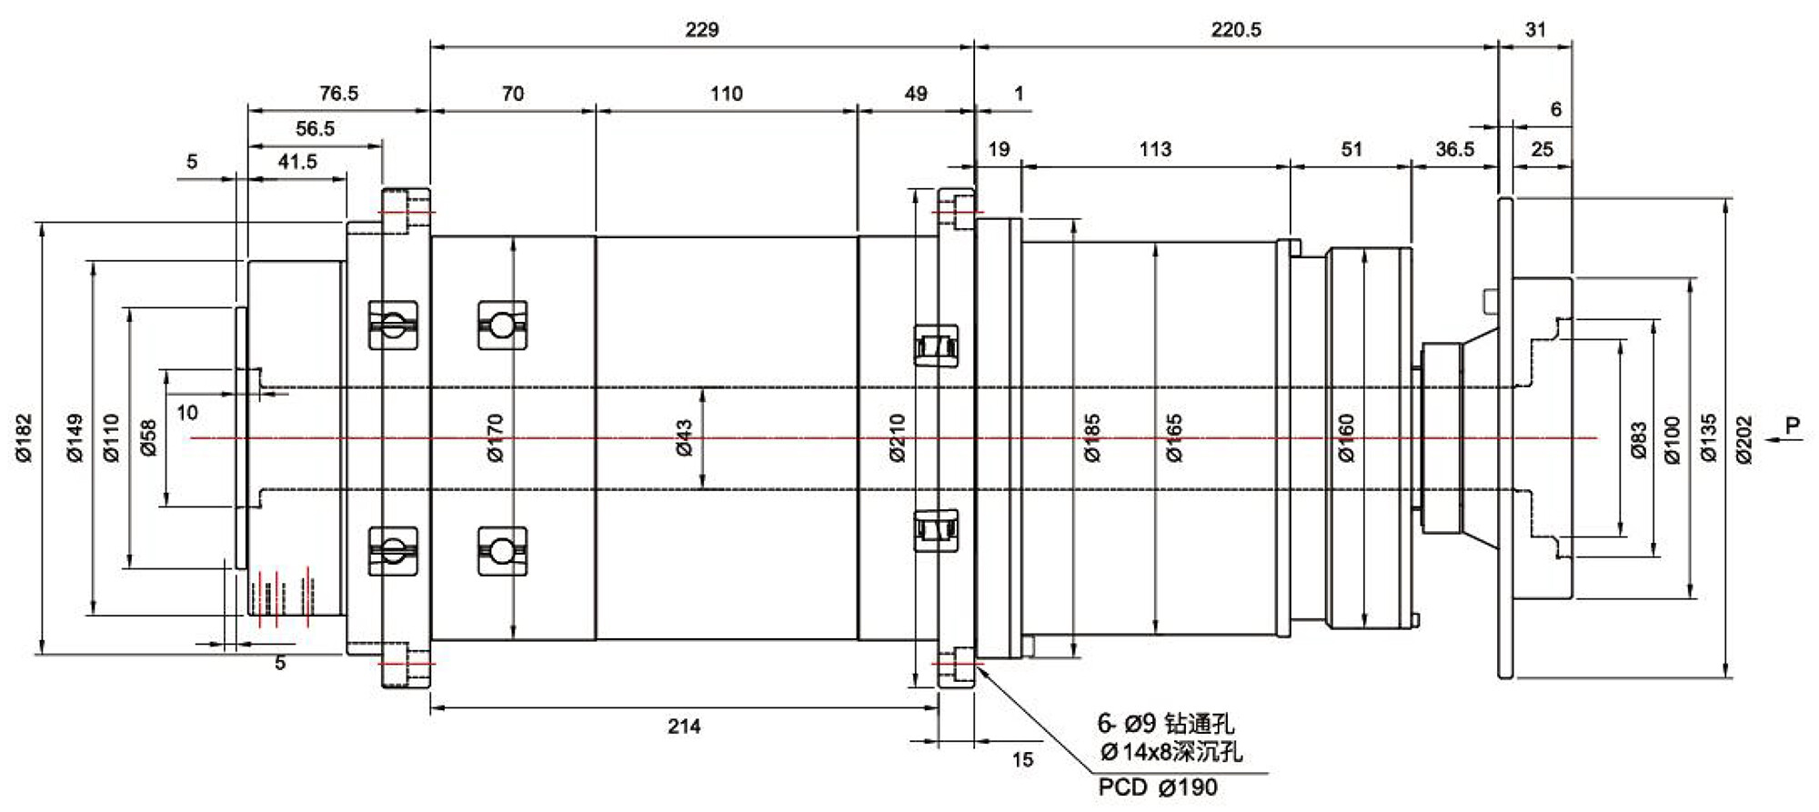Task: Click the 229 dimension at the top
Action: click(701, 30)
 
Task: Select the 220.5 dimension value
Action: click(1236, 30)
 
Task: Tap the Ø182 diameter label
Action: click(25, 437)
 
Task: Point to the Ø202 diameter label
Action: click(1744, 439)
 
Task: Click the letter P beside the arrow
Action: click(1793, 425)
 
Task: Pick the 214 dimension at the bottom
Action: click(684, 726)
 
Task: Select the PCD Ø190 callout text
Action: click(1157, 787)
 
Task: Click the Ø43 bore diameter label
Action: click(685, 437)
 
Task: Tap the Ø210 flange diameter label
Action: click(898, 437)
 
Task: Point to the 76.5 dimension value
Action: click(338, 94)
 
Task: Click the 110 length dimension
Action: click(726, 94)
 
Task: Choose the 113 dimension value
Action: click(1155, 149)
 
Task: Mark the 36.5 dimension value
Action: click(1454, 149)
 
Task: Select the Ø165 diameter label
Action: click(1174, 437)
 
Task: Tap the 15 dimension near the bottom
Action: click(1022, 760)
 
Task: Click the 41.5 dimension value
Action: click(297, 162)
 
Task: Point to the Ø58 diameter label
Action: click(148, 437)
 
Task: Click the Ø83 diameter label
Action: click(1639, 439)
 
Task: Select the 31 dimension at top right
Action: click(1535, 30)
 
